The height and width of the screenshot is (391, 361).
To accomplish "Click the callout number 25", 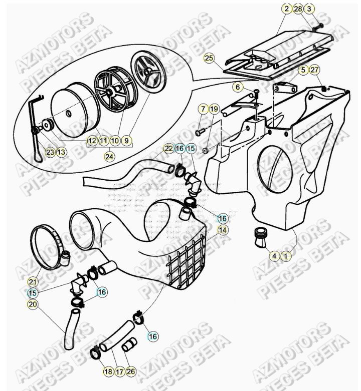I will (209, 58).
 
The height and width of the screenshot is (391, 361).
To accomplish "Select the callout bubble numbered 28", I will (298, 9).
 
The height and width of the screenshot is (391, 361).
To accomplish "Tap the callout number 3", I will (309, 9).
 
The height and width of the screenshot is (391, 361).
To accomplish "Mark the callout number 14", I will (222, 231).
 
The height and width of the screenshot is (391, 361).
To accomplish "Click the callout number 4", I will (274, 256).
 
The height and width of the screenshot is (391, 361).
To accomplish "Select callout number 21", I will (33, 282).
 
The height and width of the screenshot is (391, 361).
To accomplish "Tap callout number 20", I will (33, 304).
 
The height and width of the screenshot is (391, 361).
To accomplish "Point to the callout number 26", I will (131, 371).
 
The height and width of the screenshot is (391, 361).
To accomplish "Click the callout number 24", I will (109, 156).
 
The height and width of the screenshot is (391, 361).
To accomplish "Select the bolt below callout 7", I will (199, 132).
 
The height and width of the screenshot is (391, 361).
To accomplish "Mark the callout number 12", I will (92, 141).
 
